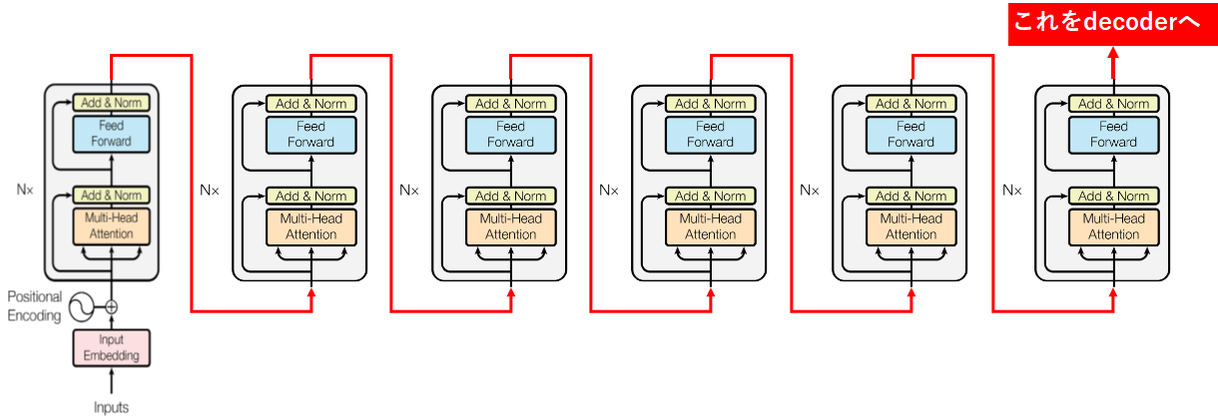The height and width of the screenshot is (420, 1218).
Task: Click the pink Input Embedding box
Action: pyautogui.click(x=111, y=348)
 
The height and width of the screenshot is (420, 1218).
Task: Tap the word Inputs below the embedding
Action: pyautogui.click(x=111, y=407)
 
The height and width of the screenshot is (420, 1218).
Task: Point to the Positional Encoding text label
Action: pyautogui.click(x=34, y=306)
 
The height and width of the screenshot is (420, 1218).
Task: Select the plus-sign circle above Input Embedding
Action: pyautogui.click(x=111, y=307)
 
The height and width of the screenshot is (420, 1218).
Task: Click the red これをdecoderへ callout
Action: pyautogui.click(x=1111, y=23)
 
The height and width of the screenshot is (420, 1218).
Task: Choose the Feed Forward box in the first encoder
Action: pyautogui.click(x=111, y=134)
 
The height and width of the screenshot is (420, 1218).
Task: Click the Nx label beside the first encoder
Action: pyautogui.click(x=25, y=189)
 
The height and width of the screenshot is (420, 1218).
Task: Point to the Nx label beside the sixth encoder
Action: pyautogui.click(x=1012, y=189)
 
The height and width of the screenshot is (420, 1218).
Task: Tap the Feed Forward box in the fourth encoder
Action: pyautogui.click(x=710, y=134)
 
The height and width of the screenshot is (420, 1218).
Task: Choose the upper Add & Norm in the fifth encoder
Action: pyautogui.click(x=910, y=103)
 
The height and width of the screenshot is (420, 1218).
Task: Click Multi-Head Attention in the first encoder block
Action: pyautogui.click(x=111, y=226)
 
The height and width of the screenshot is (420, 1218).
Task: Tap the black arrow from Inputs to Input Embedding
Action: pyautogui.click(x=111, y=380)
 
